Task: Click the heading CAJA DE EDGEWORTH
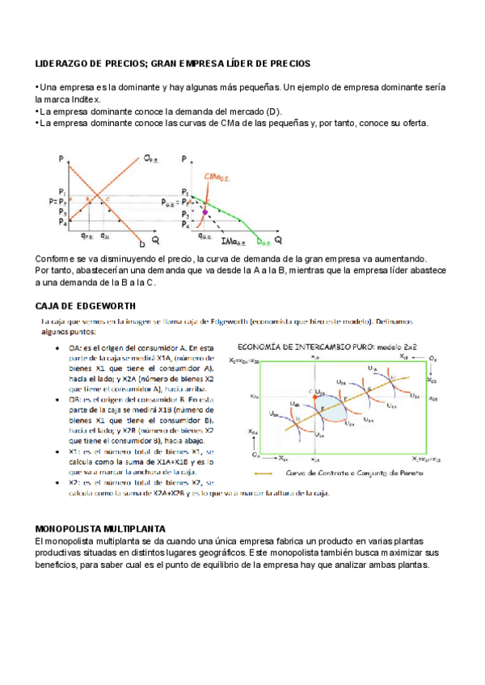pyautogui.click(x=86, y=306)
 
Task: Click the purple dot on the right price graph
pyautogui.click(x=205, y=212)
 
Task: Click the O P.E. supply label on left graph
pyautogui.click(x=151, y=159)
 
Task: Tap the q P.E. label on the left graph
pyautogui.click(x=86, y=236)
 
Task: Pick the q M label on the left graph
pyautogui.click(x=105, y=236)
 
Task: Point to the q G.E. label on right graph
pyautogui.click(x=205, y=236)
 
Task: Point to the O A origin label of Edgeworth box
pyautogui.click(x=255, y=456)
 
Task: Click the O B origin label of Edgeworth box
pyautogui.click(x=433, y=356)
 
